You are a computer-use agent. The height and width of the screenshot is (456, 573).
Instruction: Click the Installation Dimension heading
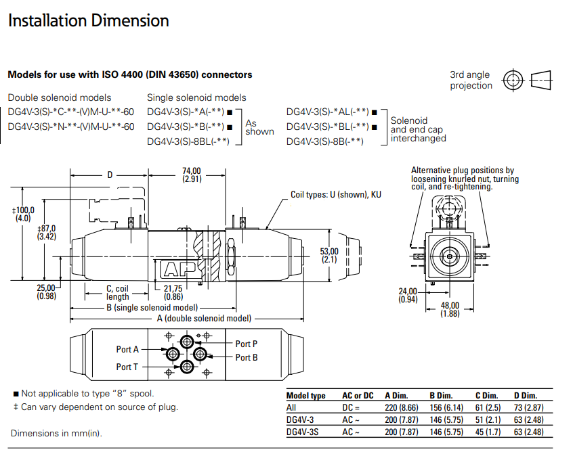pos(89,20)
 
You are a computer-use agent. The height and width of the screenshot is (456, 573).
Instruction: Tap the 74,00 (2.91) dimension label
pos(192,175)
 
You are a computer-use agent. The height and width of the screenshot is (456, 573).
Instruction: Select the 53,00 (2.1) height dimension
pos(329,255)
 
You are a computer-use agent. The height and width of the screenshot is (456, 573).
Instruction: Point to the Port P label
pos(247,344)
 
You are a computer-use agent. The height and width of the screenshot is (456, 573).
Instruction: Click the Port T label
pos(127,367)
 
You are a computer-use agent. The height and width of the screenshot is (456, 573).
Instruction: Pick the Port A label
pos(127,349)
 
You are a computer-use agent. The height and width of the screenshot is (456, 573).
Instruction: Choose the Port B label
pos(247,357)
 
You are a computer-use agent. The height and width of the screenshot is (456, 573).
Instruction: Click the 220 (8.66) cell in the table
pos(401,407)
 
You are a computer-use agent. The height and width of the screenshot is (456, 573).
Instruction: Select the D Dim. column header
pos(526,395)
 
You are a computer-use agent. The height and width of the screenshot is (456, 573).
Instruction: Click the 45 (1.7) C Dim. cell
pos(488,432)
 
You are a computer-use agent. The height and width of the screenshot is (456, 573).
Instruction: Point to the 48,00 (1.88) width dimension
pos(450,310)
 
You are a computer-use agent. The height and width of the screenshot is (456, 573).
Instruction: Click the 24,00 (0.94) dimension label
pos(408,296)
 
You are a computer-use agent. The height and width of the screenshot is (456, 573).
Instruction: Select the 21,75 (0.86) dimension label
pos(173,293)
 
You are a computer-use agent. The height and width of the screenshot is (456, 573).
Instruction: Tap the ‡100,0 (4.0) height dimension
pos(23,214)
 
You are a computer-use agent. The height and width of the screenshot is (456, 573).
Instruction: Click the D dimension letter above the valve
pos(110,175)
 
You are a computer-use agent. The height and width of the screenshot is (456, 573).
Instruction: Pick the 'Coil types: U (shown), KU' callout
pos(336,195)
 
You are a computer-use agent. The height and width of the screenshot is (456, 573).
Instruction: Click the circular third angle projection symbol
pos(513,80)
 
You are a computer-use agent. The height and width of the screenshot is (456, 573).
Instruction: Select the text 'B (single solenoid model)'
pos(152,308)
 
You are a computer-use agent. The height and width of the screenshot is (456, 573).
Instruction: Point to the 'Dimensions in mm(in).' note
pos(56,434)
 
